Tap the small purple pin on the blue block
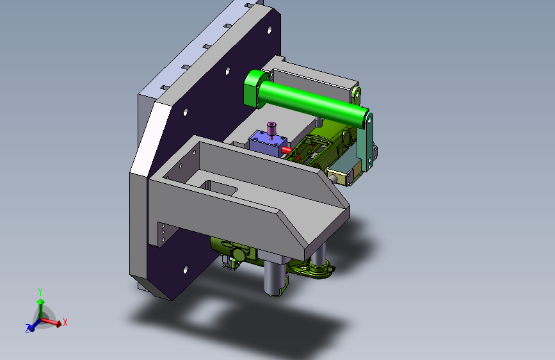(271, 129)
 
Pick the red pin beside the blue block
(286, 151)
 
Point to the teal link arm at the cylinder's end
(367, 142)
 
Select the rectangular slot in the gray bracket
(220, 187)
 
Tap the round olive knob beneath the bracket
(238, 254)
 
